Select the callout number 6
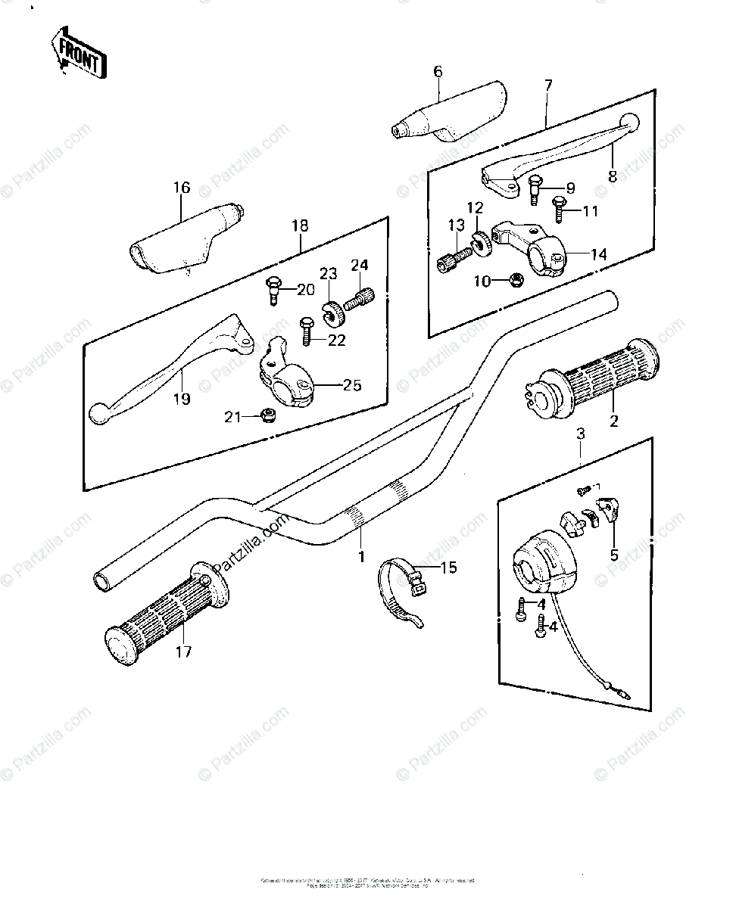click(x=438, y=72)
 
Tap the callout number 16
click(x=182, y=188)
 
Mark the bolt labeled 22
click(x=307, y=331)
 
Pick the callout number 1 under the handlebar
click(x=362, y=556)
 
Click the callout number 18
click(x=301, y=225)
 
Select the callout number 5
click(x=614, y=555)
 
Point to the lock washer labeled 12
click(x=480, y=241)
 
